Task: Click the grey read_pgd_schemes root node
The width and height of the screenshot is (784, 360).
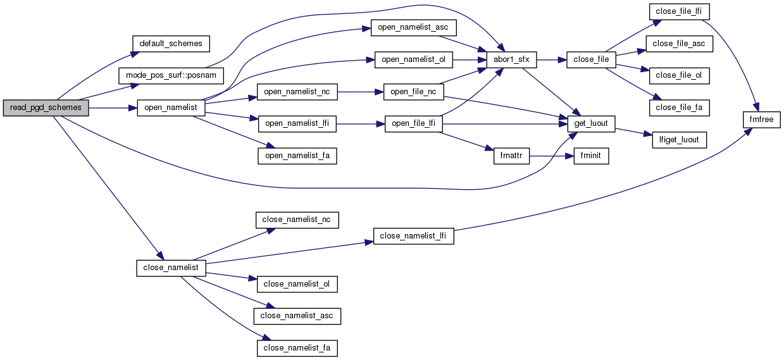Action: tap(46, 108)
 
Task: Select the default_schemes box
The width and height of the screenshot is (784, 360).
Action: tap(171, 44)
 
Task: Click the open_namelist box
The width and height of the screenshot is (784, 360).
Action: tap(171, 108)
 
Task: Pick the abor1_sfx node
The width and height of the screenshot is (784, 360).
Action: tap(512, 60)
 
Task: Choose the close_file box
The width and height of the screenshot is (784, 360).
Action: tap(591, 60)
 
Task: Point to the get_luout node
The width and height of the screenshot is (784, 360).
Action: tap(591, 124)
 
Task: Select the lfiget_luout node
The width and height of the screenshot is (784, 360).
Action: tap(679, 140)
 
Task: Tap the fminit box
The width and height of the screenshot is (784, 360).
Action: tap(591, 156)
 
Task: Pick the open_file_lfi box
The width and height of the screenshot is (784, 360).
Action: tap(413, 124)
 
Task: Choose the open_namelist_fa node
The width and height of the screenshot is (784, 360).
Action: tap(297, 156)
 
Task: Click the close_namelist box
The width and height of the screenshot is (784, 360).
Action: tap(171, 268)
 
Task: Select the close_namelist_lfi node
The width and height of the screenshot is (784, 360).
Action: tap(413, 236)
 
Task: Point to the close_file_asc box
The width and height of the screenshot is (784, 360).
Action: tap(679, 44)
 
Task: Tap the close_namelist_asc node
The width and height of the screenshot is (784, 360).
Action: tap(297, 316)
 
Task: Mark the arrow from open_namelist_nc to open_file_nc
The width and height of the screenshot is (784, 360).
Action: tap(361, 92)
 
